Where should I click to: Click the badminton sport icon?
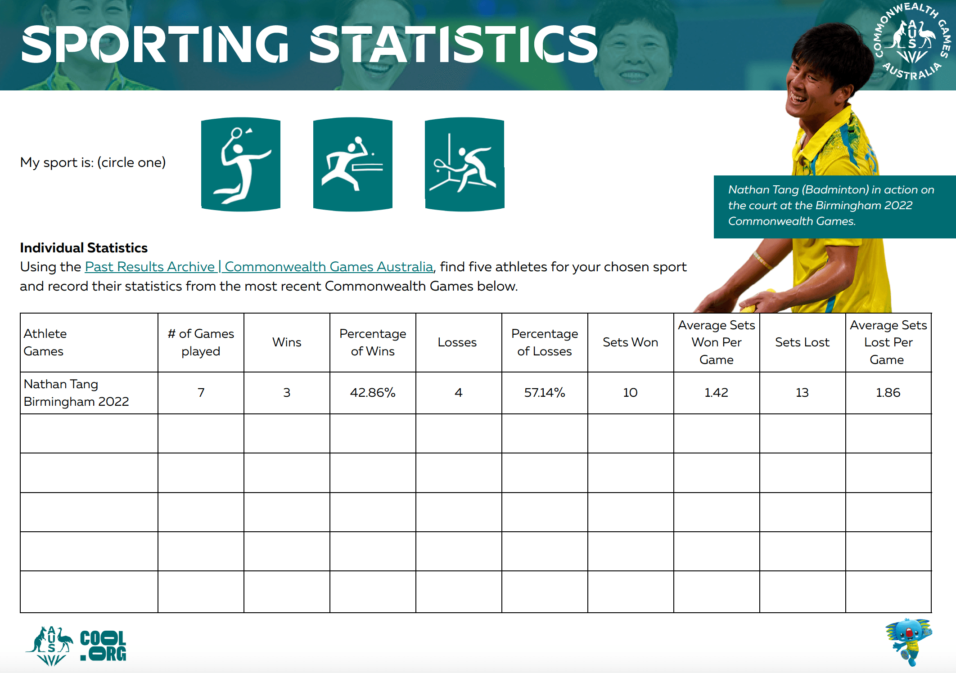tap(241, 164)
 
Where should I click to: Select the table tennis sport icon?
tap(353, 164)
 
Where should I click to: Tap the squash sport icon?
tap(464, 164)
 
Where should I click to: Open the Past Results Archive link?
tap(259, 267)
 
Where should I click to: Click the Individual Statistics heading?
tap(84, 248)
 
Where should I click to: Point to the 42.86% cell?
tap(373, 393)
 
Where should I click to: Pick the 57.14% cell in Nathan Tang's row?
tap(545, 393)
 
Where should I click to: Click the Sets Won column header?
tap(630, 342)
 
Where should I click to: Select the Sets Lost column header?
tap(802, 342)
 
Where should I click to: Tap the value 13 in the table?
tap(802, 393)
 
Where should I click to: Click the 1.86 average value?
tap(888, 393)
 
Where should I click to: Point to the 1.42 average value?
tap(716, 393)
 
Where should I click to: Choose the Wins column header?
tap(287, 342)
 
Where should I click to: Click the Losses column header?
tap(457, 342)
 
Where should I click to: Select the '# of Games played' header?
tap(201, 342)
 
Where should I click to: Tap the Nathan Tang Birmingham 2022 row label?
tap(76, 393)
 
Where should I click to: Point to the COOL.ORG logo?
tap(103, 646)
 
